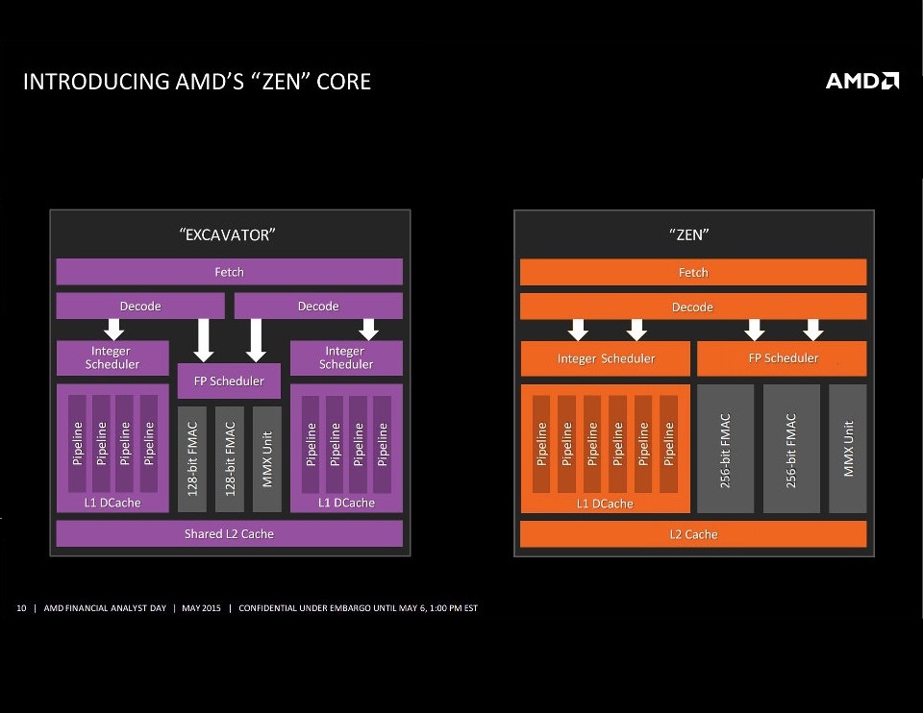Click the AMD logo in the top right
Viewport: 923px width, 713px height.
[x=862, y=81]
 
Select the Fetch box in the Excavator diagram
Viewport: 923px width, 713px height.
[x=229, y=272]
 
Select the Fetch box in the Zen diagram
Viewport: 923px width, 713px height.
[x=693, y=272]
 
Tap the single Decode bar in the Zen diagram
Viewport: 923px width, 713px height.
[x=693, y=307]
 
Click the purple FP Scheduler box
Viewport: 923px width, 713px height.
[x=229, y=381]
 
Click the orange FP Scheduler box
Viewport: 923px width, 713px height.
[x=782, y=358]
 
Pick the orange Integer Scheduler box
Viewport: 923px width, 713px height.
[x=606, y=358]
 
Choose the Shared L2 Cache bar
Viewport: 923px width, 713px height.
[x=229, y=533]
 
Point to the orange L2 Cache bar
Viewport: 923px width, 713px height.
[x=693, y=534]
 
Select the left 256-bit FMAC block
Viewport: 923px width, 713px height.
[x=725, y=449]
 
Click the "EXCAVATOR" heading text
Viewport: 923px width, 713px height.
[x=228, y=234]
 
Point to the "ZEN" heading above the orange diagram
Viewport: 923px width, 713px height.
[x=690, y=234]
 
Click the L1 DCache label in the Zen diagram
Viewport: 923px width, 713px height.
[x=606, y=504]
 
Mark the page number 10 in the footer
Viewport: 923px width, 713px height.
[x=20, y=608]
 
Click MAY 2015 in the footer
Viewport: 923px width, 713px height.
[x=201, y=608]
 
